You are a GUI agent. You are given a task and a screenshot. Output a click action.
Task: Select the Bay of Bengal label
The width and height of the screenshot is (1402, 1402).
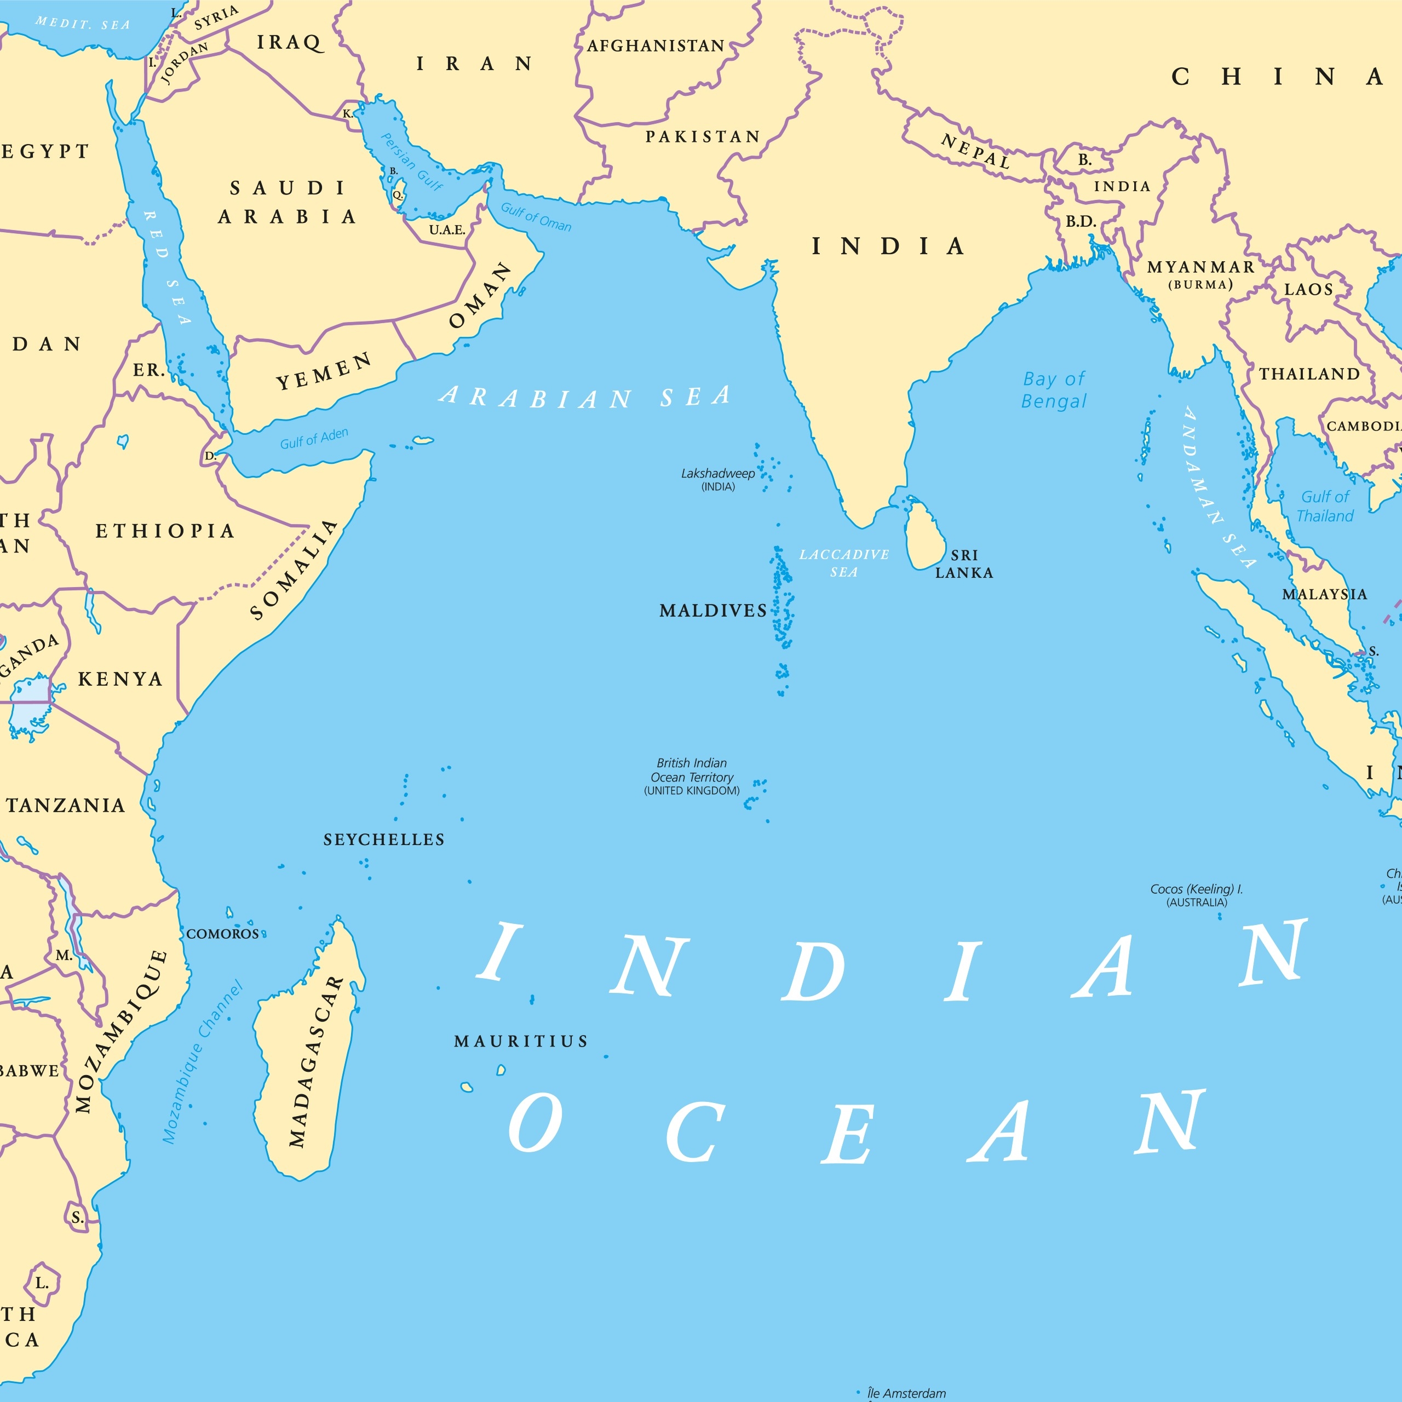1054,390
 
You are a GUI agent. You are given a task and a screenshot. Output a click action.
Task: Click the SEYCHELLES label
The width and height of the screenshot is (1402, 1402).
384,840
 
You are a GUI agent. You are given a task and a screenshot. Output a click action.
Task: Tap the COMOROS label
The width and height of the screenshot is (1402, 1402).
223,934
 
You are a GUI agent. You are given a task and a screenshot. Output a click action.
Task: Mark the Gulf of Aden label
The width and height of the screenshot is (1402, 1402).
314,438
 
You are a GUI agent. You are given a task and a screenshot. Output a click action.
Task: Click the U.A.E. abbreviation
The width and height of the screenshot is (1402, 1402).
447,230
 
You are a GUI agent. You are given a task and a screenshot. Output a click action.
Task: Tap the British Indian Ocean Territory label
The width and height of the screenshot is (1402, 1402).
692,777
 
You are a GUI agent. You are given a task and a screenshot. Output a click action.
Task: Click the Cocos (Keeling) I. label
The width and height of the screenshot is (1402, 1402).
1197,895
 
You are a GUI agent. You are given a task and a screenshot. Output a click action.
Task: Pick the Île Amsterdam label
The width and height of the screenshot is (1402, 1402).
906,1393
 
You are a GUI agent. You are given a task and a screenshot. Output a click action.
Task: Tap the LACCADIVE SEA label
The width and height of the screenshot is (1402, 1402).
844,563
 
